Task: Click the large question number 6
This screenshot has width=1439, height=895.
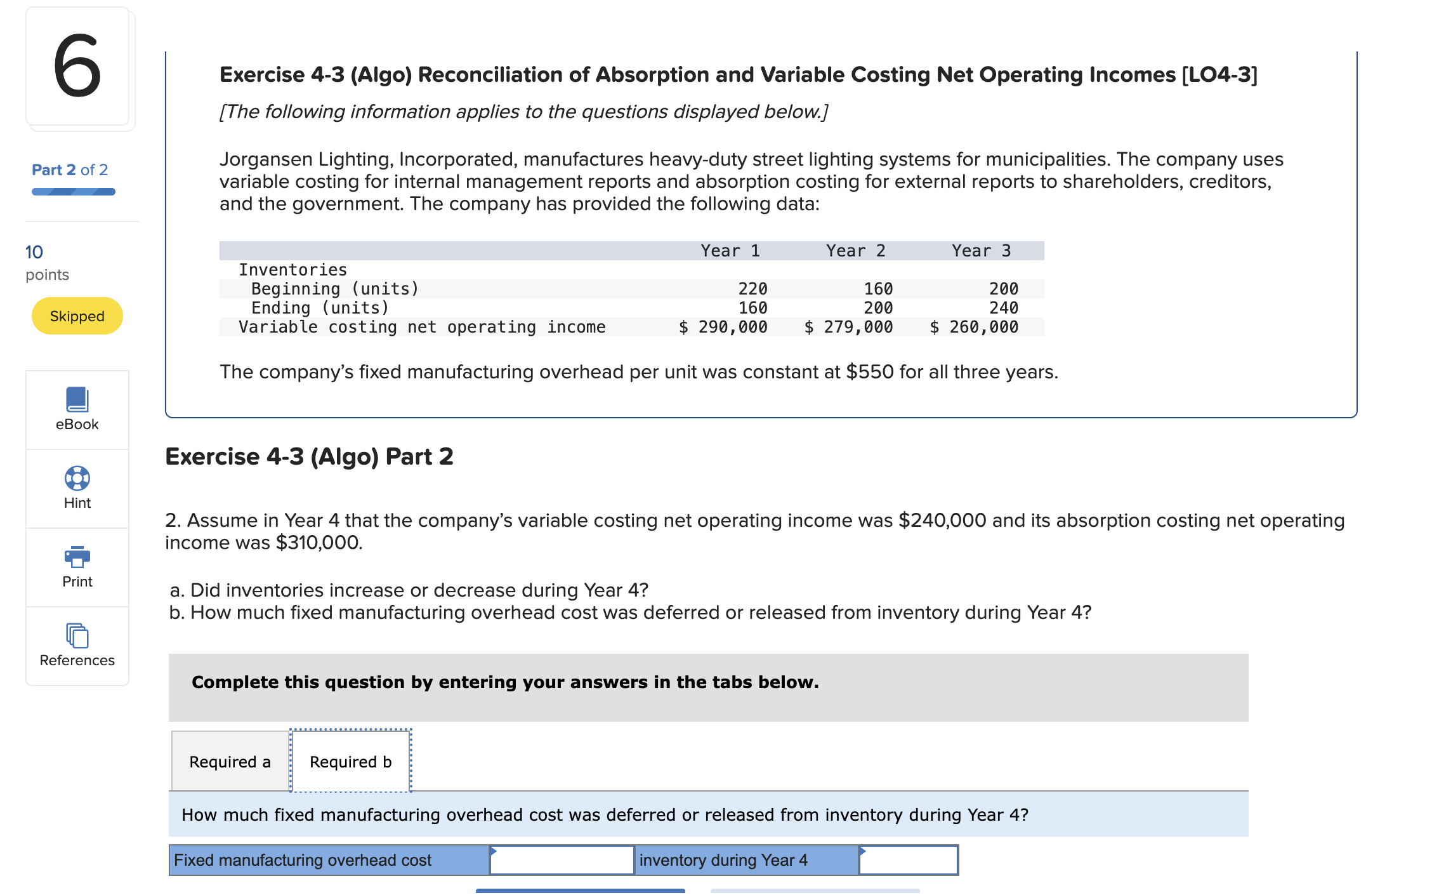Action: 77,66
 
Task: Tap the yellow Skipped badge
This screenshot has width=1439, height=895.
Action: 77,316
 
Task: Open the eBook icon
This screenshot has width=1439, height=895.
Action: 77,400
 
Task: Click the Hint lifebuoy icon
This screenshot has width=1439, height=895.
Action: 77,479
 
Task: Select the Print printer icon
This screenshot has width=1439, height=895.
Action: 77,557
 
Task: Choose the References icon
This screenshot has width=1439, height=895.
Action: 77,635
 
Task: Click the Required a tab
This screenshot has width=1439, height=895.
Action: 230,762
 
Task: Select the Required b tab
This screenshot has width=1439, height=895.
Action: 351,762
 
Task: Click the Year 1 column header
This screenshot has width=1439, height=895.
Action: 730,251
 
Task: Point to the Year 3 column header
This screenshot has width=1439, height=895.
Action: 981,251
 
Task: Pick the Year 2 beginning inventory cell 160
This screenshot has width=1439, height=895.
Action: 878,289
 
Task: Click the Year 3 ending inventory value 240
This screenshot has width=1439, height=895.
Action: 1004,308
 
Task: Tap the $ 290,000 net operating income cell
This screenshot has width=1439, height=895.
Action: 723,327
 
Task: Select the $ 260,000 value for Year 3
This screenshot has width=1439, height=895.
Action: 975,327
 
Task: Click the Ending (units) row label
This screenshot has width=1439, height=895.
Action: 320,308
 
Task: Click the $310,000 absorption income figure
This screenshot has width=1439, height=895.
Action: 319,543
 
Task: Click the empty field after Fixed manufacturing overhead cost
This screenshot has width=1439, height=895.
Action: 562,860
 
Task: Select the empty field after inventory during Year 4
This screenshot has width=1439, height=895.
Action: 909,860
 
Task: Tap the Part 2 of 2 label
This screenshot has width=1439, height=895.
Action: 70,170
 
